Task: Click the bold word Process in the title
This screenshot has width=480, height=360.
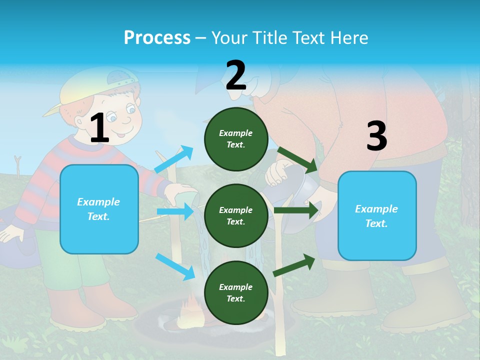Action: click(157, 38)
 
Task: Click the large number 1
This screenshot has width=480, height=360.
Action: click(99, 128)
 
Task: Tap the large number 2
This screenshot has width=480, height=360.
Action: click(236, 75)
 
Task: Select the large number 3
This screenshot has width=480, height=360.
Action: click(376, 136)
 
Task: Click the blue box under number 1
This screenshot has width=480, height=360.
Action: click(99, 209)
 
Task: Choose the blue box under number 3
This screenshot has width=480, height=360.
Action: click(377, 215)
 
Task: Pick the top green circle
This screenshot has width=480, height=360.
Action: click(236, 139)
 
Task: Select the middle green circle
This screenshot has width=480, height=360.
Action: click(236, 215)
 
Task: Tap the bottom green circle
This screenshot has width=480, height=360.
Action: click(236, 292)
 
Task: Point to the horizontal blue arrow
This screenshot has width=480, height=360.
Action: click(175, 211)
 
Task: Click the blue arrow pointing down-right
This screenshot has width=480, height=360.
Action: click(175, 266)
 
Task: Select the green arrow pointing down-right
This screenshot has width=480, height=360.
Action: click(297, 159)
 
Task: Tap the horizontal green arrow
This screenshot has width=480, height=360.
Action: click(297, 210)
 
